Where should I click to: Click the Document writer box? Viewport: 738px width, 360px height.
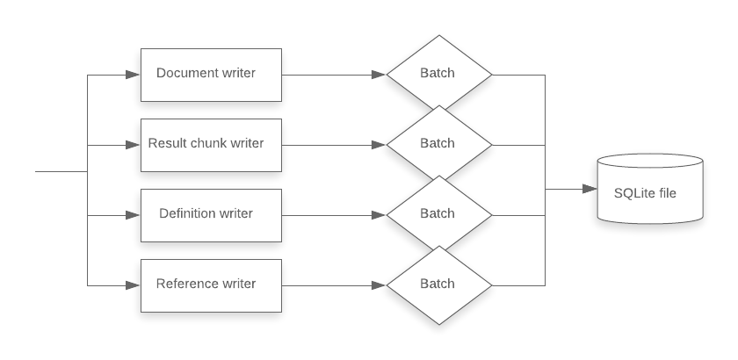coord(211,74)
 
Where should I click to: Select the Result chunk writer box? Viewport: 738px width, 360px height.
coord(211,144)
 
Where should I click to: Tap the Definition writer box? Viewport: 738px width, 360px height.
coord(211,214)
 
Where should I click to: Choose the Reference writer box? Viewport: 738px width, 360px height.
coord(211,284)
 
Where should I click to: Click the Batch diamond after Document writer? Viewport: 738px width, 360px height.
coord(438,74)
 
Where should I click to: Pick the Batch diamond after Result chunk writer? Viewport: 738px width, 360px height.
coord(438,144)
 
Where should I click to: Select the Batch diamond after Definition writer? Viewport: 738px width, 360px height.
coord(438,214)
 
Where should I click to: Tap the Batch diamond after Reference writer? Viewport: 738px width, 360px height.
coord(438,284)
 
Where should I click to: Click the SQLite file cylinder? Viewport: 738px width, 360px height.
coord(650,190)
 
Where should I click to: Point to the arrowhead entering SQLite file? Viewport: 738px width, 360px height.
coord(590,189)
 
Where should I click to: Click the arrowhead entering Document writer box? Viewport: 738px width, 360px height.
coord(134,75)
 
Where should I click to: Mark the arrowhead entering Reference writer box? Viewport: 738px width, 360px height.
coord(134,285)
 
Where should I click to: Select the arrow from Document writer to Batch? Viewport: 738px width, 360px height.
coord(334,75)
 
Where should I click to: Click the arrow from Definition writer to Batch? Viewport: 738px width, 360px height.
coord(334,215)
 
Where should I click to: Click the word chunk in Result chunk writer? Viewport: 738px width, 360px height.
coord(207,143)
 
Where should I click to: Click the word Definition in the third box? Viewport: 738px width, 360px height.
coord(187,213)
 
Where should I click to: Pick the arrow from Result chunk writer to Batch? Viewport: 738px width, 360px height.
coord(334,145)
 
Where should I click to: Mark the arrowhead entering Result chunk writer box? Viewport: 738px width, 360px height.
coord(134,145)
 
